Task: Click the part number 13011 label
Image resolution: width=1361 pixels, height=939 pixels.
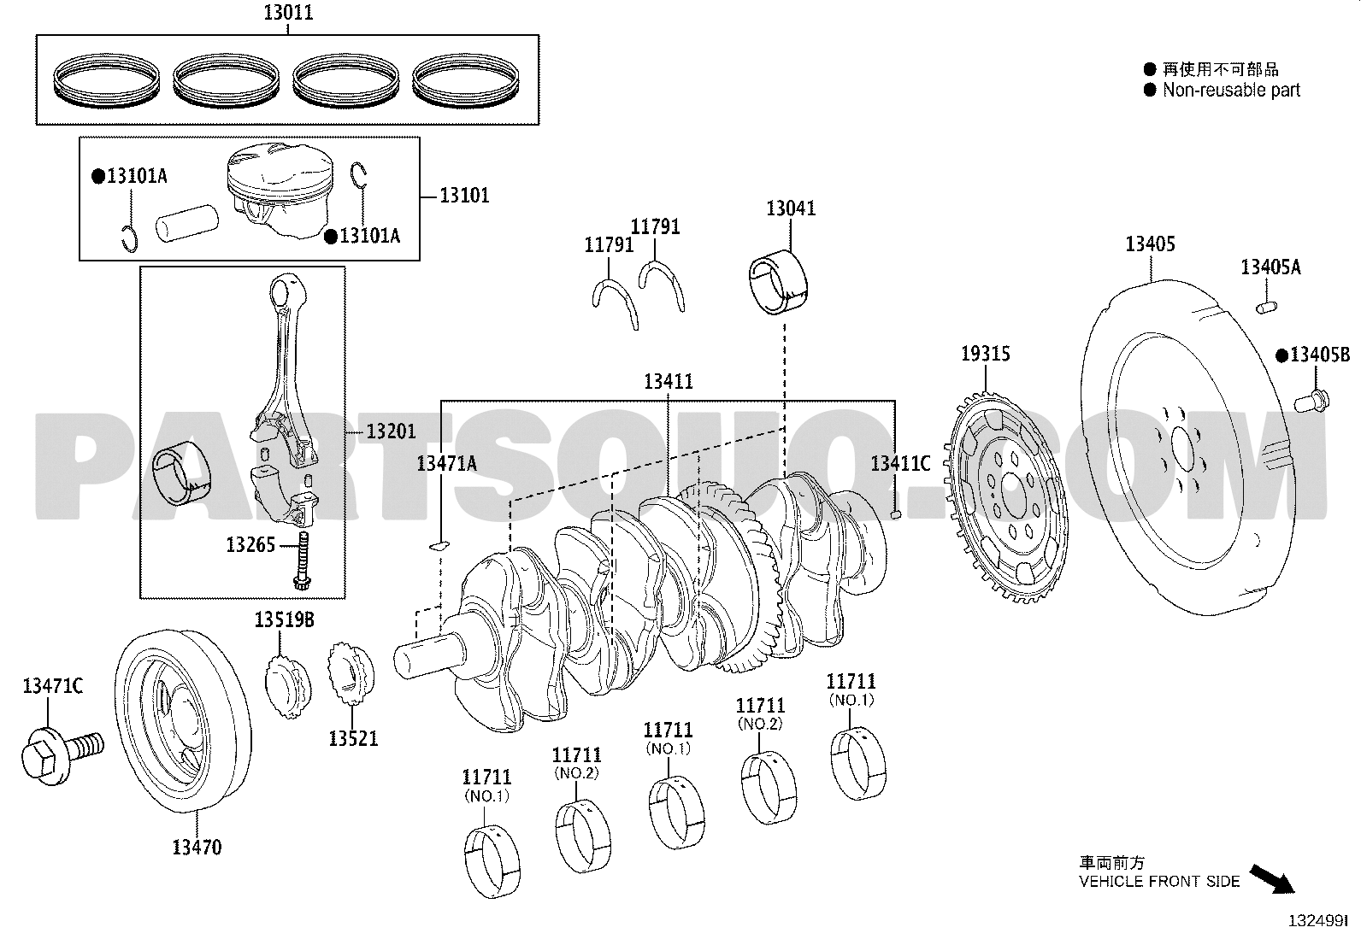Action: (288, 12)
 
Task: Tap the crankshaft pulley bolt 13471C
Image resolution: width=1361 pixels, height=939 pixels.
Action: (62, 755)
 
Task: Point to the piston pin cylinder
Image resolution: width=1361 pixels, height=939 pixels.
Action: (187, 222)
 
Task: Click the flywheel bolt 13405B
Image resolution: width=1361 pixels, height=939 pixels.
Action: (1311, 401)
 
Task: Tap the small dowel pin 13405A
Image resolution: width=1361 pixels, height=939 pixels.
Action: (1266, 308)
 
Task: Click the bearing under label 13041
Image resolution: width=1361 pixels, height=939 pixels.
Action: (778, 282)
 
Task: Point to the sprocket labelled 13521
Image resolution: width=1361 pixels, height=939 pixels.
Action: (351, 673)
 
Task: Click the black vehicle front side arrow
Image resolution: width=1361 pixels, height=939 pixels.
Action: (1272, 879)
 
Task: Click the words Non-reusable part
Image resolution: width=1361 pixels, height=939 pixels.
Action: (1231, 90)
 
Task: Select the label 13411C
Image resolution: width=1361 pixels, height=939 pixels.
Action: (900, 464)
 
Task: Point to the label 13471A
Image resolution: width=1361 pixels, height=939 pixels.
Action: (446, 464)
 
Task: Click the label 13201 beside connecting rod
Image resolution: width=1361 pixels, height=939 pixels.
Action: (391, 431)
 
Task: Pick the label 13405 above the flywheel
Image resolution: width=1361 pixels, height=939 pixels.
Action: (1150, 244)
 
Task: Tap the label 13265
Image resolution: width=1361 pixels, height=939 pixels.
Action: (250, 545)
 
